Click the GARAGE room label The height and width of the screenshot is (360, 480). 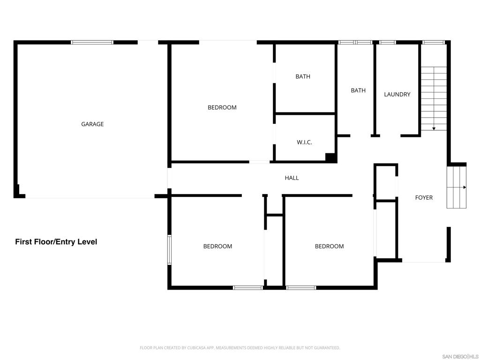[x=92, y=124]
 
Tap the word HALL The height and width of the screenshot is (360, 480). [x=292, y=178]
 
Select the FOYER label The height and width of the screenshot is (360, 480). [x=424, y=198]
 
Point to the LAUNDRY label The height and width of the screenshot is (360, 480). [x=397, y=94]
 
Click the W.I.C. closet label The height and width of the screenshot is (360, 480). [x=304, y=142]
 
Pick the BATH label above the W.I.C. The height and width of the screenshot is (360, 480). [x=303, y=76]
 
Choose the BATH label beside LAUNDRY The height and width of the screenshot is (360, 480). [x=358, y=90]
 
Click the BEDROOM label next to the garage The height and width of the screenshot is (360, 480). [x=222, y=107]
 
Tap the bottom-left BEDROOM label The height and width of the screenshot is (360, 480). [x=217, y=247]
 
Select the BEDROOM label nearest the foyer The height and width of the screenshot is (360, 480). [x=330, y=247]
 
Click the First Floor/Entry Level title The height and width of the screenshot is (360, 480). [x=56, y=242]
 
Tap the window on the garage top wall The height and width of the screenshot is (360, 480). [x=92, y=42]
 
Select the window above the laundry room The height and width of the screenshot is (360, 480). [x=388, y=42]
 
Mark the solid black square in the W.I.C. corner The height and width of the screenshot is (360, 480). [x=331, y=157]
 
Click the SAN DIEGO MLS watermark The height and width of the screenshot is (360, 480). [x=461, y=357]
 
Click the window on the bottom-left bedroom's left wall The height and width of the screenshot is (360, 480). [x=169, y=250]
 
